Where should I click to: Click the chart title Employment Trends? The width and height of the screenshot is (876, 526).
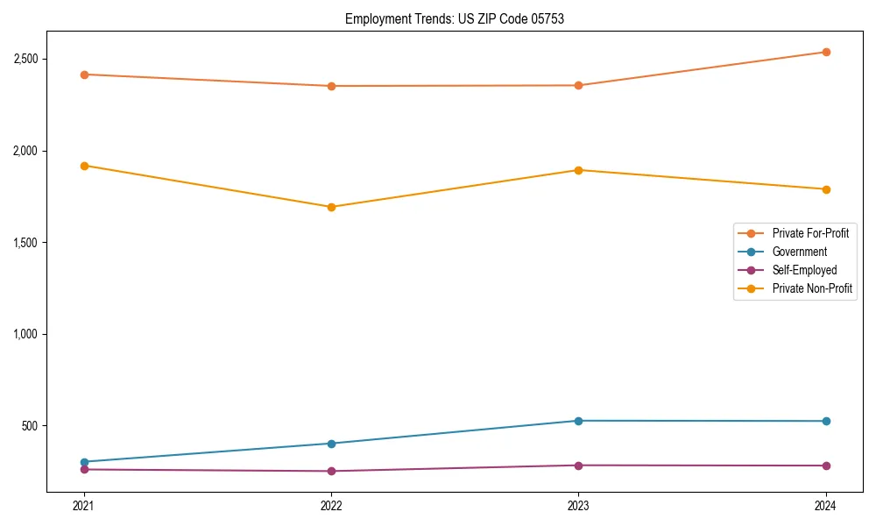(454, 18)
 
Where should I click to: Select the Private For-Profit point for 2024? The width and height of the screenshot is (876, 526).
(825, 52)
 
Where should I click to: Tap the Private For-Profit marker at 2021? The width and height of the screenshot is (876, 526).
(84, 75)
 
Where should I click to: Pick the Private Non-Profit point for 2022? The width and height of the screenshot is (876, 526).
(331, 207)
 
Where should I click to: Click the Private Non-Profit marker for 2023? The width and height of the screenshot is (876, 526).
(578, 170)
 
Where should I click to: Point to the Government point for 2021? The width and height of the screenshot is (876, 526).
(84, 462)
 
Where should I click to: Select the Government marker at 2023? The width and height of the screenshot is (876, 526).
(578, 421)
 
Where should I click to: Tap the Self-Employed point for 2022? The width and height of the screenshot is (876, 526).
(331, 471)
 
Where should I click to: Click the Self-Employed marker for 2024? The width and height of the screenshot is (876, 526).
(825, 466)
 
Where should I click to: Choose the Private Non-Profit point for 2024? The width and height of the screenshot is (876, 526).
(825, 189)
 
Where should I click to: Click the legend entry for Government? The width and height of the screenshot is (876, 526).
(799, 252)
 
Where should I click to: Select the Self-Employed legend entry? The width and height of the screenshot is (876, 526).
(804, 270)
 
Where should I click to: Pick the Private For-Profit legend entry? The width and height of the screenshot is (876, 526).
(810, 233)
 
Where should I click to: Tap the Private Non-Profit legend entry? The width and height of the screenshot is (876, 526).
(812, 288)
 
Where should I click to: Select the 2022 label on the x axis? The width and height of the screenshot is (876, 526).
(331, 505)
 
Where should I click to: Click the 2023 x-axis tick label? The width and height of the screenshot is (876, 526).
(578, 505)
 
